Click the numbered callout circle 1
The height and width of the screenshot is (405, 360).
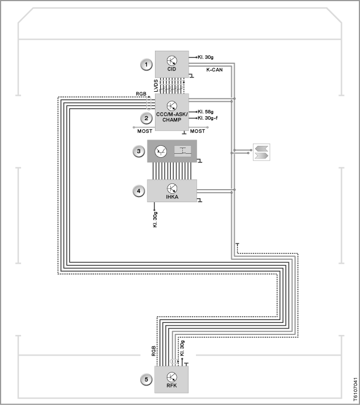coord(146,64)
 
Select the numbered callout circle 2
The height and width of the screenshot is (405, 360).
coord(146,118)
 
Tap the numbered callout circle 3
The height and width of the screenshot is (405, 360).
coord(138,151)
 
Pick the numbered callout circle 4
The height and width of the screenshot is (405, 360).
coord(138,191)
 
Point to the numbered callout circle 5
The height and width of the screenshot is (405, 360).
coord(146,379)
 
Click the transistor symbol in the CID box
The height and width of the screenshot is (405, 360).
coord(171,61)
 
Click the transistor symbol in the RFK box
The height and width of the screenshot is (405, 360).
coord(171,377)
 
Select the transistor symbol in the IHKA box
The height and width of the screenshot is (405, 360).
coord(172,189)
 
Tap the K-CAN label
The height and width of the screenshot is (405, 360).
coord(214,69)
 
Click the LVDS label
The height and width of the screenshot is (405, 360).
coord(156,86)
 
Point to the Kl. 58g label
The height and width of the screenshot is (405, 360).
coord(206,112)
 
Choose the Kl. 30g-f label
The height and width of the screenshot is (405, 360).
coord(208,118)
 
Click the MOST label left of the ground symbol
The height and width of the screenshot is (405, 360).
coord(145,131)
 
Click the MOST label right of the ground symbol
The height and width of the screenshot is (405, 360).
coord(198,131)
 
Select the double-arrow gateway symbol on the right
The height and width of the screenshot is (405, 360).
coord(261,152)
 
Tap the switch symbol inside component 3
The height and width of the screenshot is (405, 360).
coord(183,151)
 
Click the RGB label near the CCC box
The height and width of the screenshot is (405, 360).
coord(141,94)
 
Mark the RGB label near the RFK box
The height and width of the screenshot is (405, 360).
coord(154,351)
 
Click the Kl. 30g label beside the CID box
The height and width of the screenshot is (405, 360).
coord(206,57)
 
